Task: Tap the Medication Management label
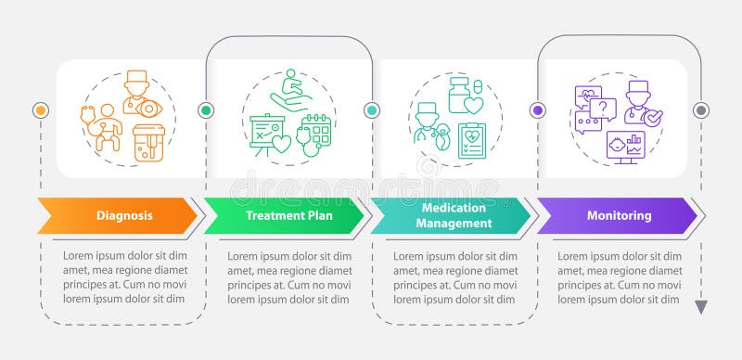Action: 454,216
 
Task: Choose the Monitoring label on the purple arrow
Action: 619,216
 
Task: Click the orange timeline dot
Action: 40,110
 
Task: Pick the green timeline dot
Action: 206,110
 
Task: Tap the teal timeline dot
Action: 372,110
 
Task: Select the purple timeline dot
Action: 537,110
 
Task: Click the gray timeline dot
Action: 701,110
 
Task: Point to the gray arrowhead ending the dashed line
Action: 701,307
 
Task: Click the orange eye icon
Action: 147,109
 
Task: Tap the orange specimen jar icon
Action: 147,144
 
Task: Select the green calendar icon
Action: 315,132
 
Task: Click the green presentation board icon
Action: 265,129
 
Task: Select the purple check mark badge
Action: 653,120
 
